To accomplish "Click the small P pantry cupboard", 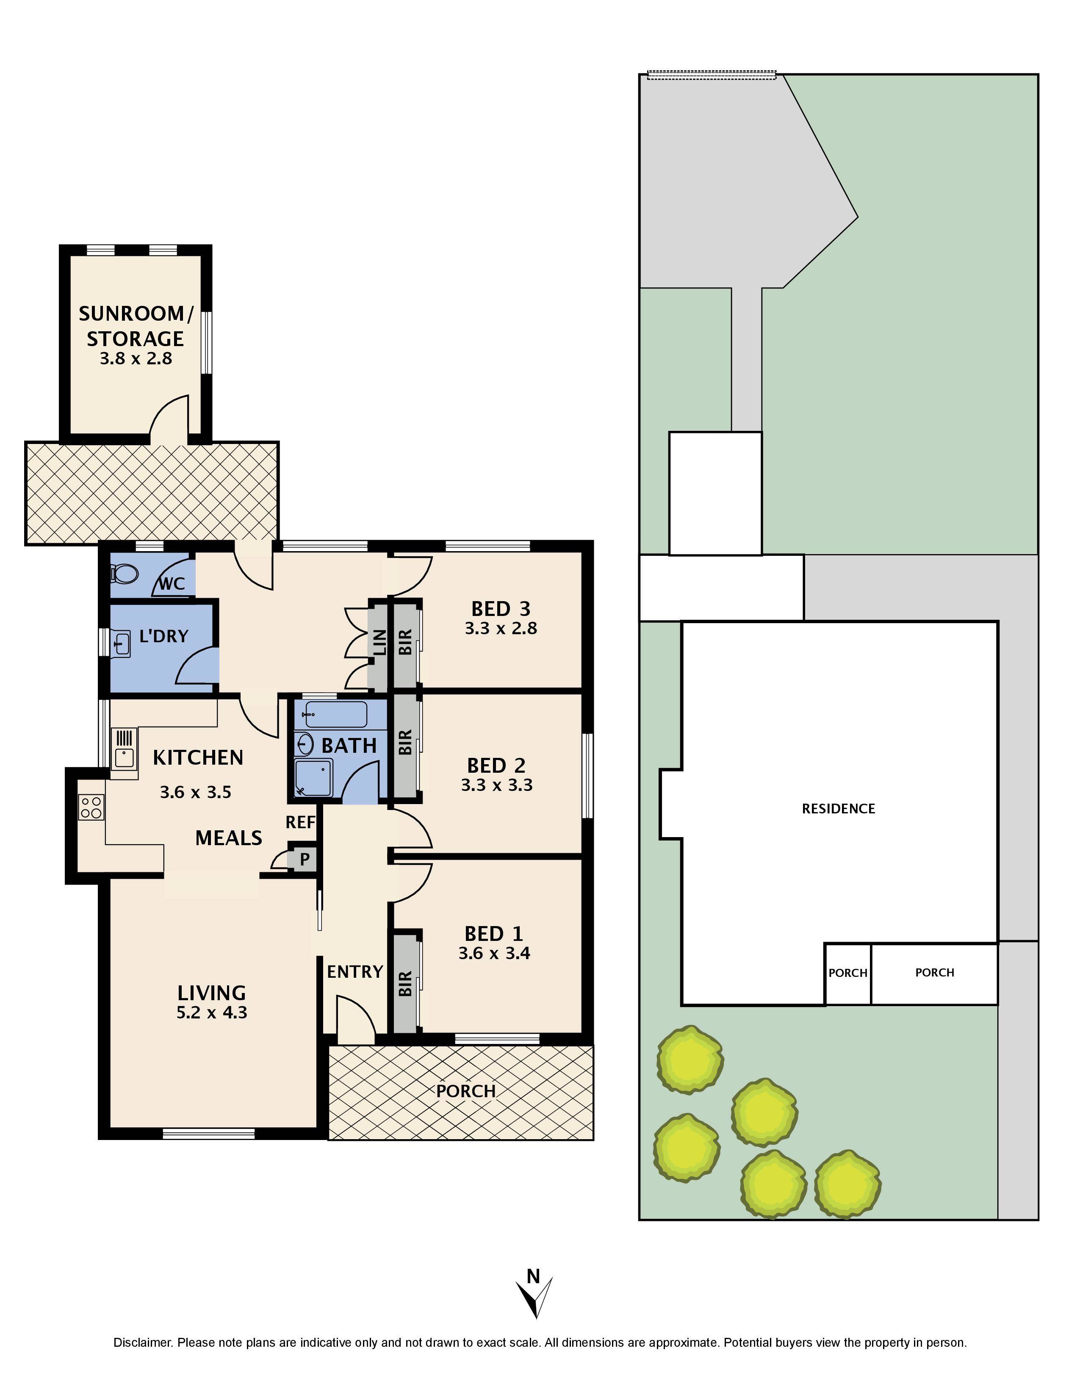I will [305, 860].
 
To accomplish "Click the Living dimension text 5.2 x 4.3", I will [212, 1012].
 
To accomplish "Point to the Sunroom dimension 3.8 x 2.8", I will [136, 358].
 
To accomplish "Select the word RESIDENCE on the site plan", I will [838, 808].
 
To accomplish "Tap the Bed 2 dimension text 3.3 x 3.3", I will [496, 785].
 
